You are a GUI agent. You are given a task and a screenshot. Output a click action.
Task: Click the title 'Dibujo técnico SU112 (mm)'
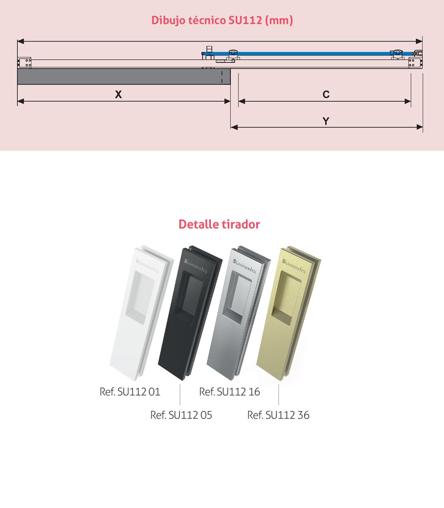coord(222,20)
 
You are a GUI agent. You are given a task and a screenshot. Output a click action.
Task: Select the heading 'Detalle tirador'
coord(219,224)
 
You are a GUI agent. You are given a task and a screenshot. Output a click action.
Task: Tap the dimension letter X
coord(118,94)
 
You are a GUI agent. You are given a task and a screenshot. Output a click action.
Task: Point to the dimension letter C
coord(326,94)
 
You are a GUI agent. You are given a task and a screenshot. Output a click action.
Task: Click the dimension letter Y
coord(326,121)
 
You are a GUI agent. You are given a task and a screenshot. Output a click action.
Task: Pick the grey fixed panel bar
coord(124,77)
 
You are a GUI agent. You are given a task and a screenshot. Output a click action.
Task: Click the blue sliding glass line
coord(307,53)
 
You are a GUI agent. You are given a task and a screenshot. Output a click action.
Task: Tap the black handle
coord(190,313)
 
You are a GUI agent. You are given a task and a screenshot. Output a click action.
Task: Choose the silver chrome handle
coord(239,313)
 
